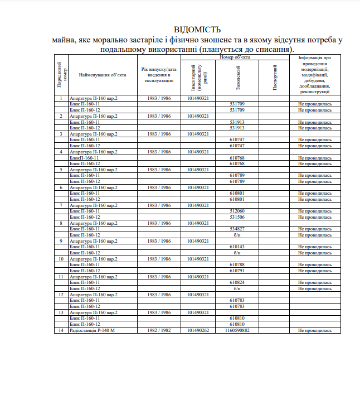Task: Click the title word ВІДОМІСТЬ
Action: pos(197,30)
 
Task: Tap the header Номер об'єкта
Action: pos(235,57)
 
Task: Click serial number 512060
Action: pos(237,211)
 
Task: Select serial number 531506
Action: pos(237,217)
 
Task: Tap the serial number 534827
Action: pos(237,229)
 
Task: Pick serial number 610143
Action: pos(237,247)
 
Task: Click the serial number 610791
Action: pos(237,271)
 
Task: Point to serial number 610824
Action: pos(237,282)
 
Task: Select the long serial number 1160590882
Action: pos(237,330)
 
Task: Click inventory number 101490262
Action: pos(198,330)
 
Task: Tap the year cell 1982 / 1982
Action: pos(159,330)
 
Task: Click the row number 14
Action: pos(61,330)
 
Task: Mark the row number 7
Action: pos(61,205)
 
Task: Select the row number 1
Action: pos(61,98)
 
